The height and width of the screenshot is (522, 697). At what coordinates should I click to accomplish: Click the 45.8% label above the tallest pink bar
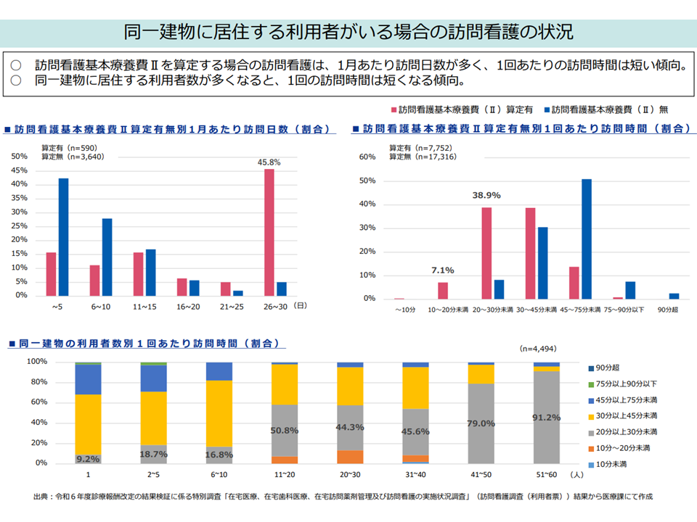(269, 162)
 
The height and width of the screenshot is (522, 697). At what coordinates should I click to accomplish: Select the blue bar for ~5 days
(64, 236)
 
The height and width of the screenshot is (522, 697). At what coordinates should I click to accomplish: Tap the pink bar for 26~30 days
(269, 232)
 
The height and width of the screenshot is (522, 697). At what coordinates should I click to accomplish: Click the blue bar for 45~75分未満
(587, 239)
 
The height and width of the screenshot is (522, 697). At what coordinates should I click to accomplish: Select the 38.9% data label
(486, 196)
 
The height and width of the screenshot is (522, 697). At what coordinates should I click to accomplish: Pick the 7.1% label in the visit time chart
(443, 270)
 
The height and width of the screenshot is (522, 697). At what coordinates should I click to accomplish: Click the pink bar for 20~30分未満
(486, 253)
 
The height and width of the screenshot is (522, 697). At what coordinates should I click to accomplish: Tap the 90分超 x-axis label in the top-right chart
(668, 310)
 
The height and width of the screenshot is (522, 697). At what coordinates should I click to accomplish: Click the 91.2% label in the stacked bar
(546, 417)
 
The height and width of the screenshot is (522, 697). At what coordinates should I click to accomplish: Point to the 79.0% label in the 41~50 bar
(481, 423)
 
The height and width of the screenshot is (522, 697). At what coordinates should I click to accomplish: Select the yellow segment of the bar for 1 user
(88, 424)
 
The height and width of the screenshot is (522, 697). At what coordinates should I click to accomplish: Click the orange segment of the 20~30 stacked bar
(350, 457)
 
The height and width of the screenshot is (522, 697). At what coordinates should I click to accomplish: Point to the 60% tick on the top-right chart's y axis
(367, 157)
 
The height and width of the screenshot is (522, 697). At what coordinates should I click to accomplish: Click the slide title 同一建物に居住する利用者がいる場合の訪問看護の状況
(348, 33)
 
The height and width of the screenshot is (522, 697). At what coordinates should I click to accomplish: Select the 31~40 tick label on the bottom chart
(415, 474)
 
